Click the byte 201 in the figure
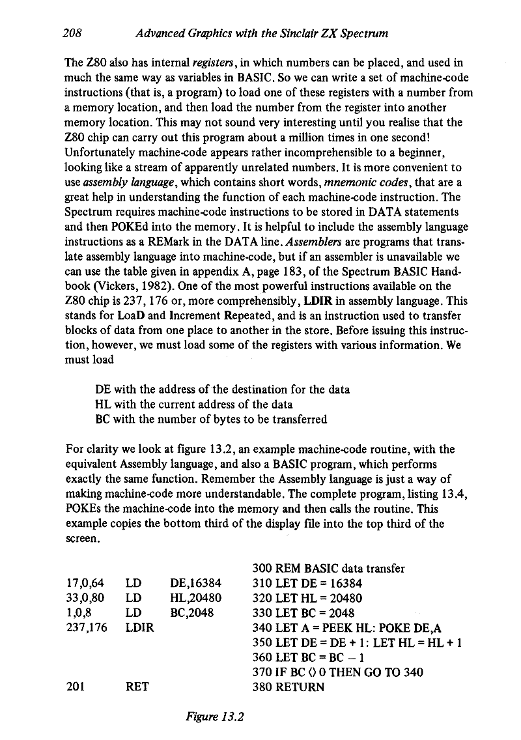[76, 687]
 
